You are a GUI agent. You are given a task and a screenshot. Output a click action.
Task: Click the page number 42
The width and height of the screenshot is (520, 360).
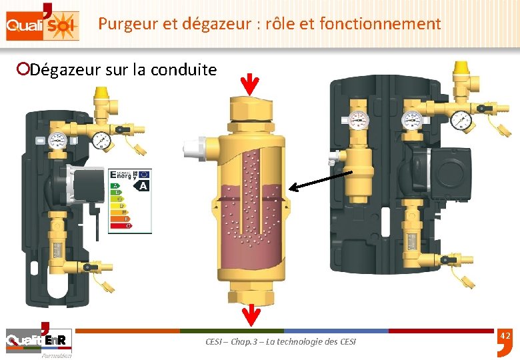pyautogui.click(x=505, y=335)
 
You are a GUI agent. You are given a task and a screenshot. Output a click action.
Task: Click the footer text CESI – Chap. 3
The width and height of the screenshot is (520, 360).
pyautogui.click(x=280, y=341)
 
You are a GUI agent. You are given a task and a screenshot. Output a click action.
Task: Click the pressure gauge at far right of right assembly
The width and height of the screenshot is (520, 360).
pyautogui.click(x=461, y=120)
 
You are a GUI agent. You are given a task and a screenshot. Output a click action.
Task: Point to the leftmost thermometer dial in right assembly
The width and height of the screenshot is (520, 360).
pyautogui.click(x=359, y=120)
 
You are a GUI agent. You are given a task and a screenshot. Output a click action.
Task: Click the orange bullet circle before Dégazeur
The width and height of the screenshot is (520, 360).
pyautogui.click(x=23, y=69)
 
